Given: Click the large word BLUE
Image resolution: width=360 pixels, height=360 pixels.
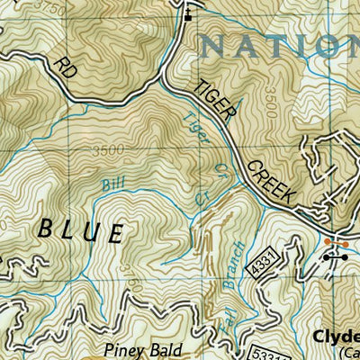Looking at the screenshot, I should pyautogui.click(x=80, y=230).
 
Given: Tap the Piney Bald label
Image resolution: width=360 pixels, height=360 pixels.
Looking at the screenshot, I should pyautogui.click(x=141, y=350).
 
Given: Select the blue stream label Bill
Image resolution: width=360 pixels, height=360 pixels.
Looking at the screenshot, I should pyautogui.click(x=112, y=184).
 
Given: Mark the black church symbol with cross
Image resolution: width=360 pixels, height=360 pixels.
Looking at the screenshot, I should pyautogui.click(x=188, y=13).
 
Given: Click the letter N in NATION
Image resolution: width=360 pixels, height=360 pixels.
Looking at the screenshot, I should pyautogui.click(x=217, y=45).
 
